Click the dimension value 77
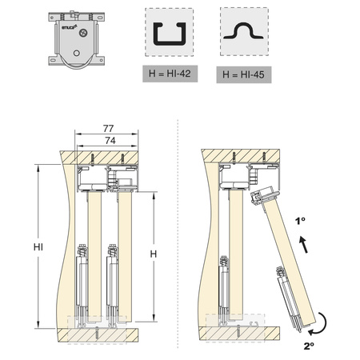click(108, 129)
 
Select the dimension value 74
click(110, 141)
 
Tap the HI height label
click(38, 247)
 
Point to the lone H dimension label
click(154, 254)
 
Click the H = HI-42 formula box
click(170, 74)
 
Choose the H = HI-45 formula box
click(244, 74)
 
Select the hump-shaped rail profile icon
click(243, 31)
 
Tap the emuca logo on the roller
click(70, 27)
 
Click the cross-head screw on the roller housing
click(83, 33)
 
